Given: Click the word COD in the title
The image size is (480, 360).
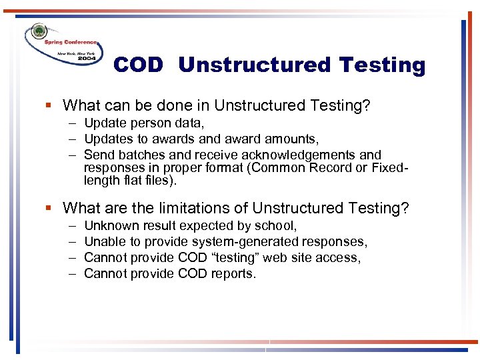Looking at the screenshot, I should [x=138, y=65].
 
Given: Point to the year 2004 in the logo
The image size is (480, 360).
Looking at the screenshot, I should [x=86, y=59].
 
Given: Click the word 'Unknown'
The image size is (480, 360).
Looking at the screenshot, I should [x=111, y=226].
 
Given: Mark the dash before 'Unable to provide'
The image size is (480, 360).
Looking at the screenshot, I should [x=71, y=242].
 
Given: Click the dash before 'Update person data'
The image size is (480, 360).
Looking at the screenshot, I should [x=71, y=123].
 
